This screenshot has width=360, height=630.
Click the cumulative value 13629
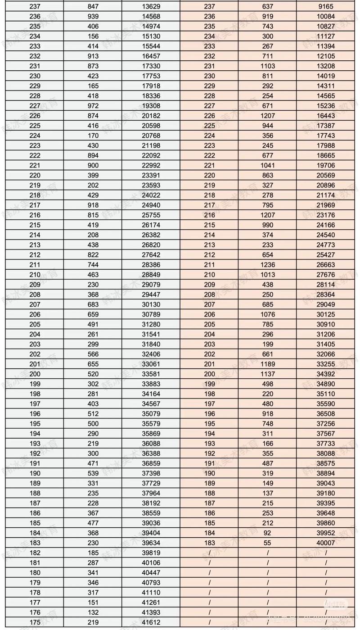tap(151, 6)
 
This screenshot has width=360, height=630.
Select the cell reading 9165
tap(325, 6)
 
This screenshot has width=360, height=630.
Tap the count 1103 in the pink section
tap(267, 66)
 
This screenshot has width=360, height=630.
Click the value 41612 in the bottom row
tap(151, 622)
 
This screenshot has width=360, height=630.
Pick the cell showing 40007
tap(325, 543)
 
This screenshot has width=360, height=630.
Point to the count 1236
tap(267, 264)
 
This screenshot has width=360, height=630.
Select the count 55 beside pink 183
tap(267, 543)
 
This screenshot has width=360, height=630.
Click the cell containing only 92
tap(267, 533)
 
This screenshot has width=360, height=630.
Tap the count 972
tap(93, 105)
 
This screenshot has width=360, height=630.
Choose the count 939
tap(93, 16)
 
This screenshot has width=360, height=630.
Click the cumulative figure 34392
tap(325, 374)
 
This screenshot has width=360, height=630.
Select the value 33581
tap(151, 374)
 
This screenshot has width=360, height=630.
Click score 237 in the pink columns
tap(209, 6)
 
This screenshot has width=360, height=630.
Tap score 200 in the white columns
tap(35, 374)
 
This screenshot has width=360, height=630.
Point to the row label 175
tap(35, 622)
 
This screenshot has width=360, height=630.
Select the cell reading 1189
tap(267, 364)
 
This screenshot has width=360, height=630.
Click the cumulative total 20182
tap(151, 115)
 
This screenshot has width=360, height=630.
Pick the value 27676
tap(325, 274)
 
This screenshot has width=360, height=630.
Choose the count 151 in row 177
tap(93, 602)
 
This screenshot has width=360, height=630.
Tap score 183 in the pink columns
tap(209, 543)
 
